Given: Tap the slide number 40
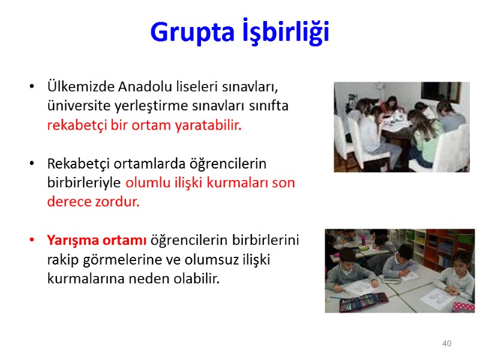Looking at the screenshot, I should (446, 344).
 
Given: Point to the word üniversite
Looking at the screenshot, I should (76, 106).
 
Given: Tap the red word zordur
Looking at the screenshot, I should (118, 202).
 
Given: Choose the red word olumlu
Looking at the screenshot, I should (146, 182).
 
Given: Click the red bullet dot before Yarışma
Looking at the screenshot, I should (32, 241).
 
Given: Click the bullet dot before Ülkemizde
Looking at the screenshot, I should (32, 86).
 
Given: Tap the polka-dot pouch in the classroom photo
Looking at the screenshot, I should (463, 306).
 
